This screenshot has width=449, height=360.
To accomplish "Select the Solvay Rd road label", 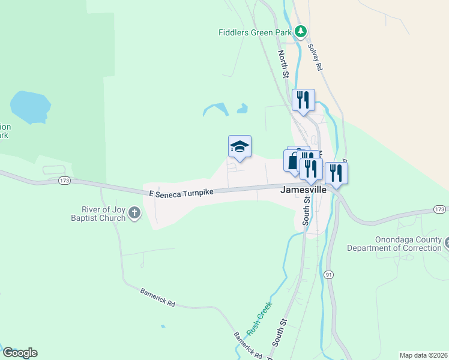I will pyautogui.click(x=315, y=57).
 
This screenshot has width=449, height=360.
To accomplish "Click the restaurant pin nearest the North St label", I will pyautogui.click(x=303, y=100).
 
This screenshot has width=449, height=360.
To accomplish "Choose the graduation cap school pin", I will pyautogui.click(x=240, y=146).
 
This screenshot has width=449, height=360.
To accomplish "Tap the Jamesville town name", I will pyautogui.click(x=304, y=189).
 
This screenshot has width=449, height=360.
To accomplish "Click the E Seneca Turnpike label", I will pyautogui.click(x=181, y=192).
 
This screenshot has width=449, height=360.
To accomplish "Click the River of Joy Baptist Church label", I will pyautogui.click(x=104, y=213).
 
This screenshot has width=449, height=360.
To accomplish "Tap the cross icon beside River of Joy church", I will pyautogui.click(x=134, y=212).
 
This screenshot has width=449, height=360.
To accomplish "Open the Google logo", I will pyautogui.click(x=20, y=353).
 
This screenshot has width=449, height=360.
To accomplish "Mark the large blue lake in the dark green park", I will pyautogui.click(x=28, y=106).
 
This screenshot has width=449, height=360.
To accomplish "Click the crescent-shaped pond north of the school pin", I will pyautogui.click(x=215, y=110).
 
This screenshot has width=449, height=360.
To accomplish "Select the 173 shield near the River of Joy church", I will pyautogui.click(x=65, y=180).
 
